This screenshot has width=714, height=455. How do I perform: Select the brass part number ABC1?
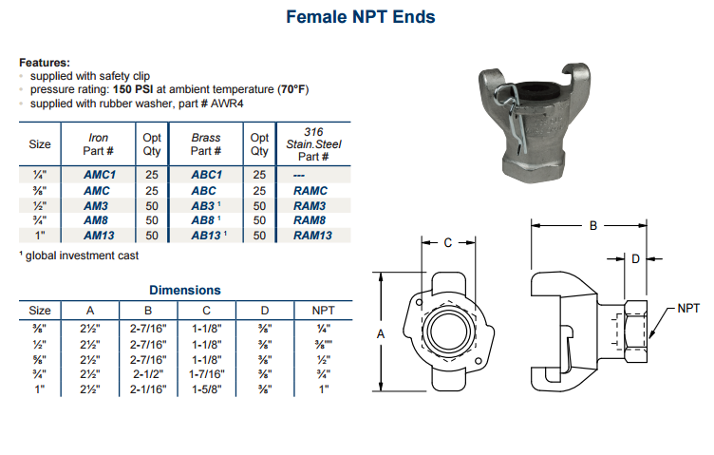point(206,175)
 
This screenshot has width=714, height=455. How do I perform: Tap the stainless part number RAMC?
point(310,190)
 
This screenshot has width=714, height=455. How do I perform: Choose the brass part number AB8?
point(204,220)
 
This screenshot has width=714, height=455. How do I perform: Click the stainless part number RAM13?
point(312,235)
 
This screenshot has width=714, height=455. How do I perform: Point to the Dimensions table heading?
point(185,290)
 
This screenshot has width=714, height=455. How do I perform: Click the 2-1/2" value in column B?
point(148,374)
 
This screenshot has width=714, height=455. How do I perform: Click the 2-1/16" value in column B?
point(148,389)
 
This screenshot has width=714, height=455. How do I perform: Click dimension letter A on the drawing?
point(380,333)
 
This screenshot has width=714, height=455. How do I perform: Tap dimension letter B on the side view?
point(593,226)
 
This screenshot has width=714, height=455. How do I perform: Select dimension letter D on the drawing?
point(635,257)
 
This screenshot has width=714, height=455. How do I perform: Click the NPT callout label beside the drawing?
point(688,308)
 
